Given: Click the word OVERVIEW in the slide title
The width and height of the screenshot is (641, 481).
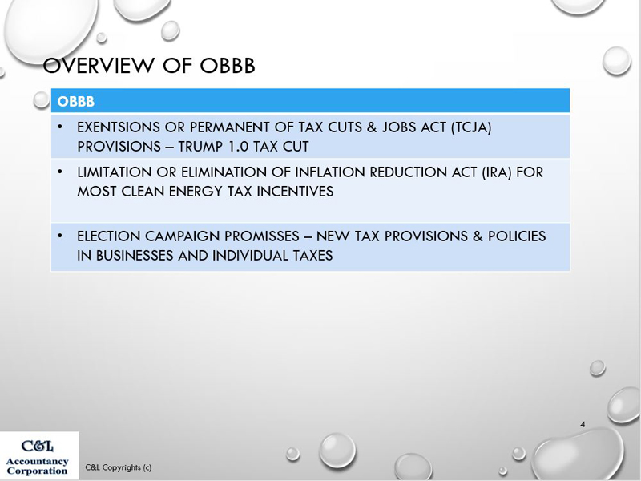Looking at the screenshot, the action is click(x=99, y=66).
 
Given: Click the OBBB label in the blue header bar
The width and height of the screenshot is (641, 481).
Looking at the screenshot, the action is click(x=75, y=102).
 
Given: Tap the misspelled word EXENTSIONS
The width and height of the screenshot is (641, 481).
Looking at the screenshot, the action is click(x=119, y=127).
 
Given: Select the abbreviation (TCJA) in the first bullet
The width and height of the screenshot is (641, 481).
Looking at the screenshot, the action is click(x=471, y=127).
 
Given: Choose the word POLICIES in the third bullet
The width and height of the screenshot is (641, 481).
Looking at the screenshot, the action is click(x=517, y=236).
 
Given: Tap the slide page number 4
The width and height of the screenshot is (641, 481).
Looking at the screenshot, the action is click(x=583, y=425).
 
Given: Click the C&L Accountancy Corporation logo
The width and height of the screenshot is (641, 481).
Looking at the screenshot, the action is click(x=38, y=456).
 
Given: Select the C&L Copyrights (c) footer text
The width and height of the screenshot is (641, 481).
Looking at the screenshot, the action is click(x=118, y=467).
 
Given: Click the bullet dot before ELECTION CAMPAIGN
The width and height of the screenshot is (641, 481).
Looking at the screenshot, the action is click(x=60, y=236).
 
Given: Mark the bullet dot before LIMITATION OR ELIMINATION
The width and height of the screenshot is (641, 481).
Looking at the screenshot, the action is click(x=60, y=172).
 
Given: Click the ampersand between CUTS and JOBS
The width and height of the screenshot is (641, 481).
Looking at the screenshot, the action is click(x=372, y=127).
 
